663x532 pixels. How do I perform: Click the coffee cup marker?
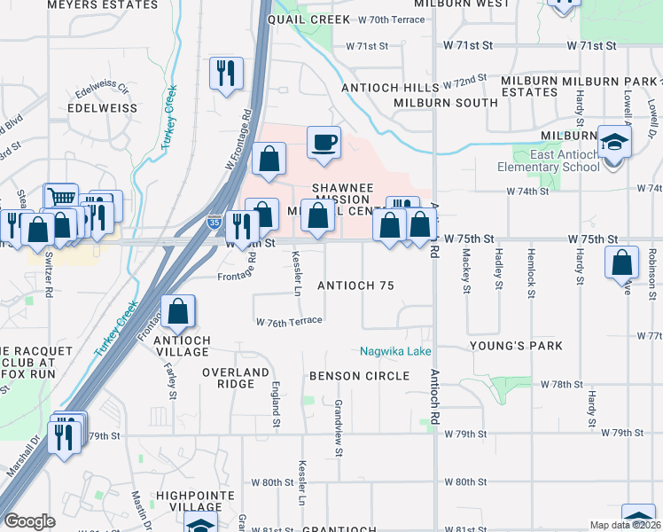coord(324,141)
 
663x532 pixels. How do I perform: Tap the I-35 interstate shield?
coord(215,223)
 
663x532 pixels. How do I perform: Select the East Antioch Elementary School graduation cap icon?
coord(612,141)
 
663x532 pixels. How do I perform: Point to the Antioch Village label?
coord(183,345)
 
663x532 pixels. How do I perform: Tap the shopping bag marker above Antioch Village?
coord(178,311)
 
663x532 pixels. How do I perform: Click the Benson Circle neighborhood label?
coord(359,376)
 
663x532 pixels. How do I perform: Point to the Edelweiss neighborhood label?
coord(102,108)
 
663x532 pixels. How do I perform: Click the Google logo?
coord(30,521)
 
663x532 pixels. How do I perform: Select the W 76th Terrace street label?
coord(289,322)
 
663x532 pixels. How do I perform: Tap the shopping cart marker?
coord(61,199)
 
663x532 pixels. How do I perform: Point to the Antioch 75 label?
coord(355,286)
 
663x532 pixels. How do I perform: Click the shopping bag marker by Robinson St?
coord(622,262)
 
